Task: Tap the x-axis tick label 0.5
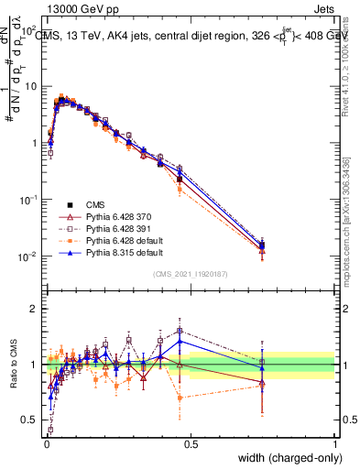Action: [191, 444]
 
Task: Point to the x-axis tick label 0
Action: [46, 444]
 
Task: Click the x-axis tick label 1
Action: [334, 444]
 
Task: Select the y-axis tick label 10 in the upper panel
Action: [32, 86]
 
